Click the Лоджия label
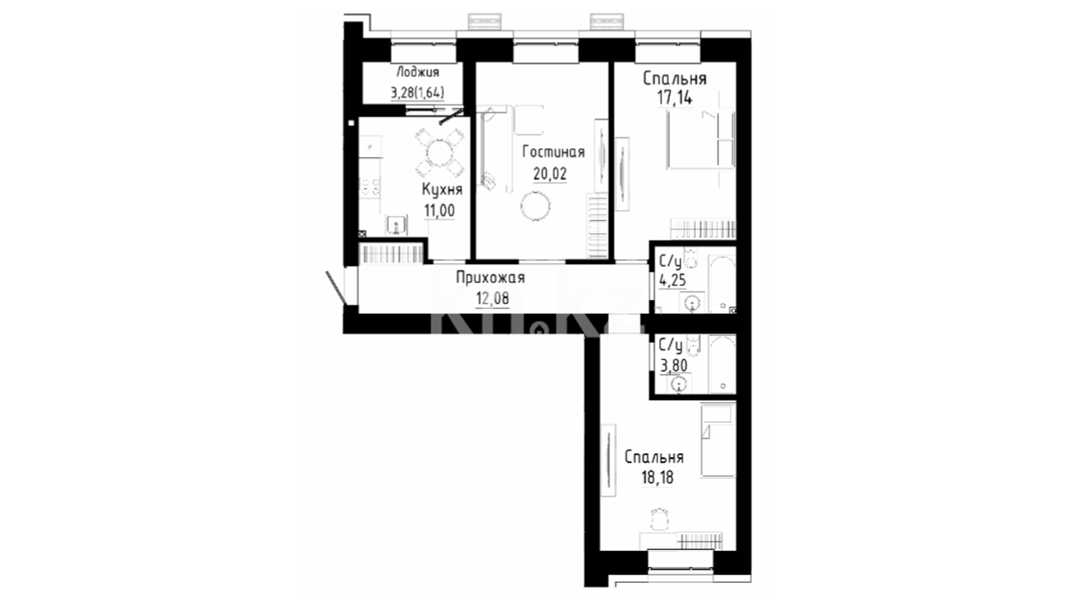click(418, 72)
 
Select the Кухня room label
click(442, 190)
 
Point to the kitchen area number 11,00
click(439, 211)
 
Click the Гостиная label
click(553, 152)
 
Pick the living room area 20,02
click(550, 174)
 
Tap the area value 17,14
click(675, 98)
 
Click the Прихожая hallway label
click(490, 277)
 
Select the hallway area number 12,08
click(493, 299)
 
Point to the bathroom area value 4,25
click(672, 280)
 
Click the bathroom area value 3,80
click(674, 366)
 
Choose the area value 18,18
click(657, 478)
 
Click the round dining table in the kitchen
click(439, 151)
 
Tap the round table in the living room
click(536, 206)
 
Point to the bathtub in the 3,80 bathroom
click(722, 364)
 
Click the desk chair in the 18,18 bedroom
click(660, 519)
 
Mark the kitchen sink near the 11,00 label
click(397, 226)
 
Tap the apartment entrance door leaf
click(336, 288)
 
